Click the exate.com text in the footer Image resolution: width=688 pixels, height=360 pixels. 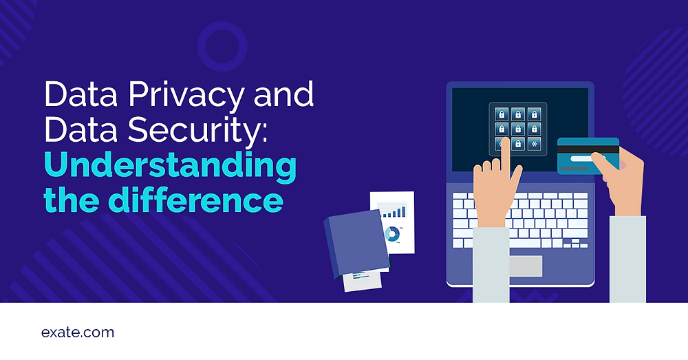point(78,333)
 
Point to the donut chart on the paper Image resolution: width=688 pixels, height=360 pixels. point(393,234)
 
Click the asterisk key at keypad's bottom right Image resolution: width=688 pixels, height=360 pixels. point(535,145)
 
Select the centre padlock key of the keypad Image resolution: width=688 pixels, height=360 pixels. point(518,129)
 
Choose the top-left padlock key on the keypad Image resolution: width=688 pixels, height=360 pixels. point(502,114)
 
